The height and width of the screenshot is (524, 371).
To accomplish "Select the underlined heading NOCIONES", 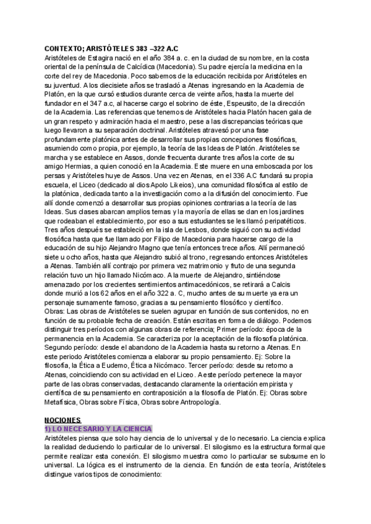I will (64, 419).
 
